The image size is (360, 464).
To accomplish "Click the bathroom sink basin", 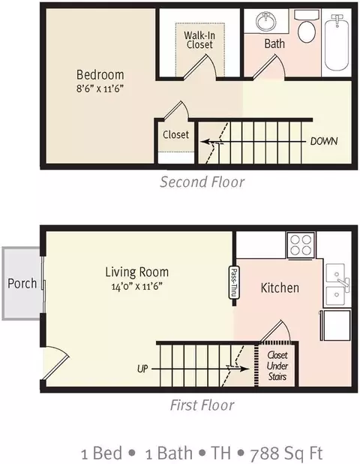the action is (x=266, y=22).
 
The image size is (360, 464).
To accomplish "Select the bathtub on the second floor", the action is (x=337, y=42).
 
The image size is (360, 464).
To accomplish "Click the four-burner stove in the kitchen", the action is (x=301, y=245).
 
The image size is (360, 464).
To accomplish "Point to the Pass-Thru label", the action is (x=234, y=282).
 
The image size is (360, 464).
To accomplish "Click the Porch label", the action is (x=22, y=283).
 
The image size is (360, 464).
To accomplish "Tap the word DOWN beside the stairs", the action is (x=324, y=141).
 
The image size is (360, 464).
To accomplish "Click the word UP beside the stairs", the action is (x=142, y=369).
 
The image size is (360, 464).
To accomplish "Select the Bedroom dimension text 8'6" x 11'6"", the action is (x=100, y=88).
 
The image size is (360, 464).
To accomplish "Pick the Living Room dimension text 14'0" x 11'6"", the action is (x=137, y=286).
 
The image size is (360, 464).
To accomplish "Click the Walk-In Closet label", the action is (x=199, y=40).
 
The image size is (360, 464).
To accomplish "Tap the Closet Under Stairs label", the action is (x=277, y=366).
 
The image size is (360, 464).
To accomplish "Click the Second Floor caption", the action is (x=202, y=182).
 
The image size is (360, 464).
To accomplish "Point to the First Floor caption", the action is (x=202, y=405).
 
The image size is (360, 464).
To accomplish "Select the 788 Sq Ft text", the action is (x=286, y=453).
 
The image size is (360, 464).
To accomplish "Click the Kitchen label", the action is (x=280, y=288).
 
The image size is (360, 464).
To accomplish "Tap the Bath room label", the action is (x=274, y=44).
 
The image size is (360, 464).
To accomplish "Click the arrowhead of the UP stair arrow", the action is (x=244, y=369).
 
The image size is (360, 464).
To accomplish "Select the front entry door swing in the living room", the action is (x=56, y=363).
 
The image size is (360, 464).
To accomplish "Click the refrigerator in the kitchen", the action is (x=337, y=325).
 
